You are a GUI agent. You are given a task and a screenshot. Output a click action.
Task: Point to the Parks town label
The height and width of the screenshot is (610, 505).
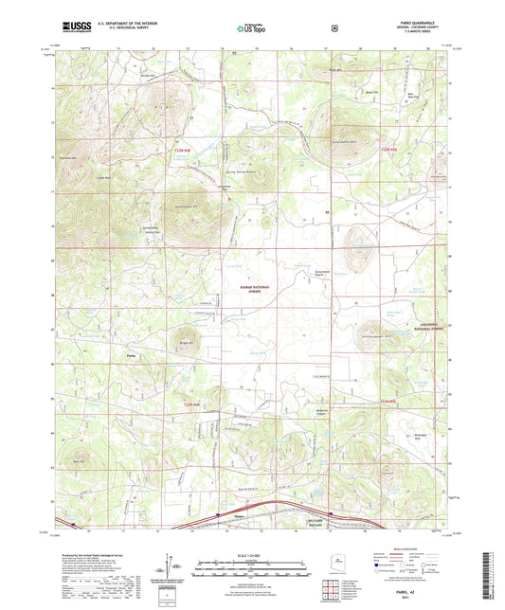(132, 356)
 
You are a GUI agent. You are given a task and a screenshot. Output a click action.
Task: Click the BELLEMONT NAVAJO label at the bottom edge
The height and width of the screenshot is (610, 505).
(317, 524)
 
